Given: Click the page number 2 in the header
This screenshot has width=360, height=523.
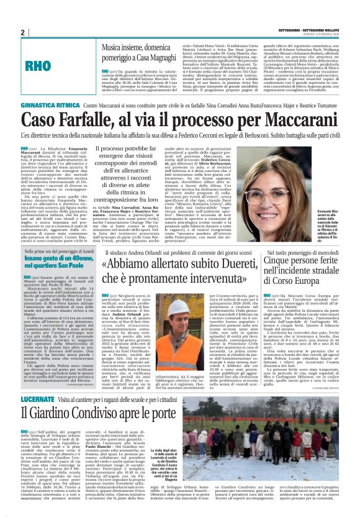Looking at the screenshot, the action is [23, 32].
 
